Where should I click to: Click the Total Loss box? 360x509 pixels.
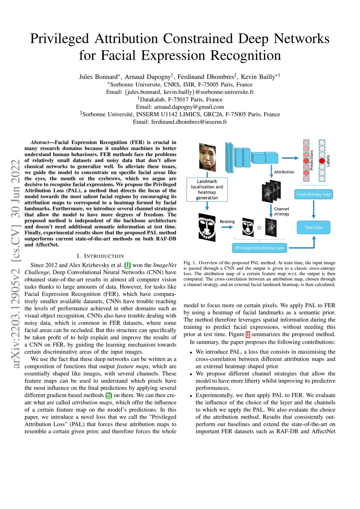point(314,227)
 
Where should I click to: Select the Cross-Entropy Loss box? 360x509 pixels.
point(314,194)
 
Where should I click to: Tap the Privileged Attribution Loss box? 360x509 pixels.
point(259,248)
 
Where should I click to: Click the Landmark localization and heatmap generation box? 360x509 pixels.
point(207,190)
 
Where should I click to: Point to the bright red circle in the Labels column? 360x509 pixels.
point(322,161)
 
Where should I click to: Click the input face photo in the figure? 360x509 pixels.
point(207,157)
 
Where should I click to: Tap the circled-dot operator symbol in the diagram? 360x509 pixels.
point(259,228)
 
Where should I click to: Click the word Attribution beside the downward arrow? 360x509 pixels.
point(284,172)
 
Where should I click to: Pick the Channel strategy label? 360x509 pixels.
point(282,211)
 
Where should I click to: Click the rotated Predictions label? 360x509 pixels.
point(311,160)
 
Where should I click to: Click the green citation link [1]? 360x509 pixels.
point(128,265)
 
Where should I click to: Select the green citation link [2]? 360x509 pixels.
point(109,395)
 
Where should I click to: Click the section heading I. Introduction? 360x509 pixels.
point(100,256)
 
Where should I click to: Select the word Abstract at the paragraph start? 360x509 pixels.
point(39,142)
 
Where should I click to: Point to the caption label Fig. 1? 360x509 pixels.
point(190,263)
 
